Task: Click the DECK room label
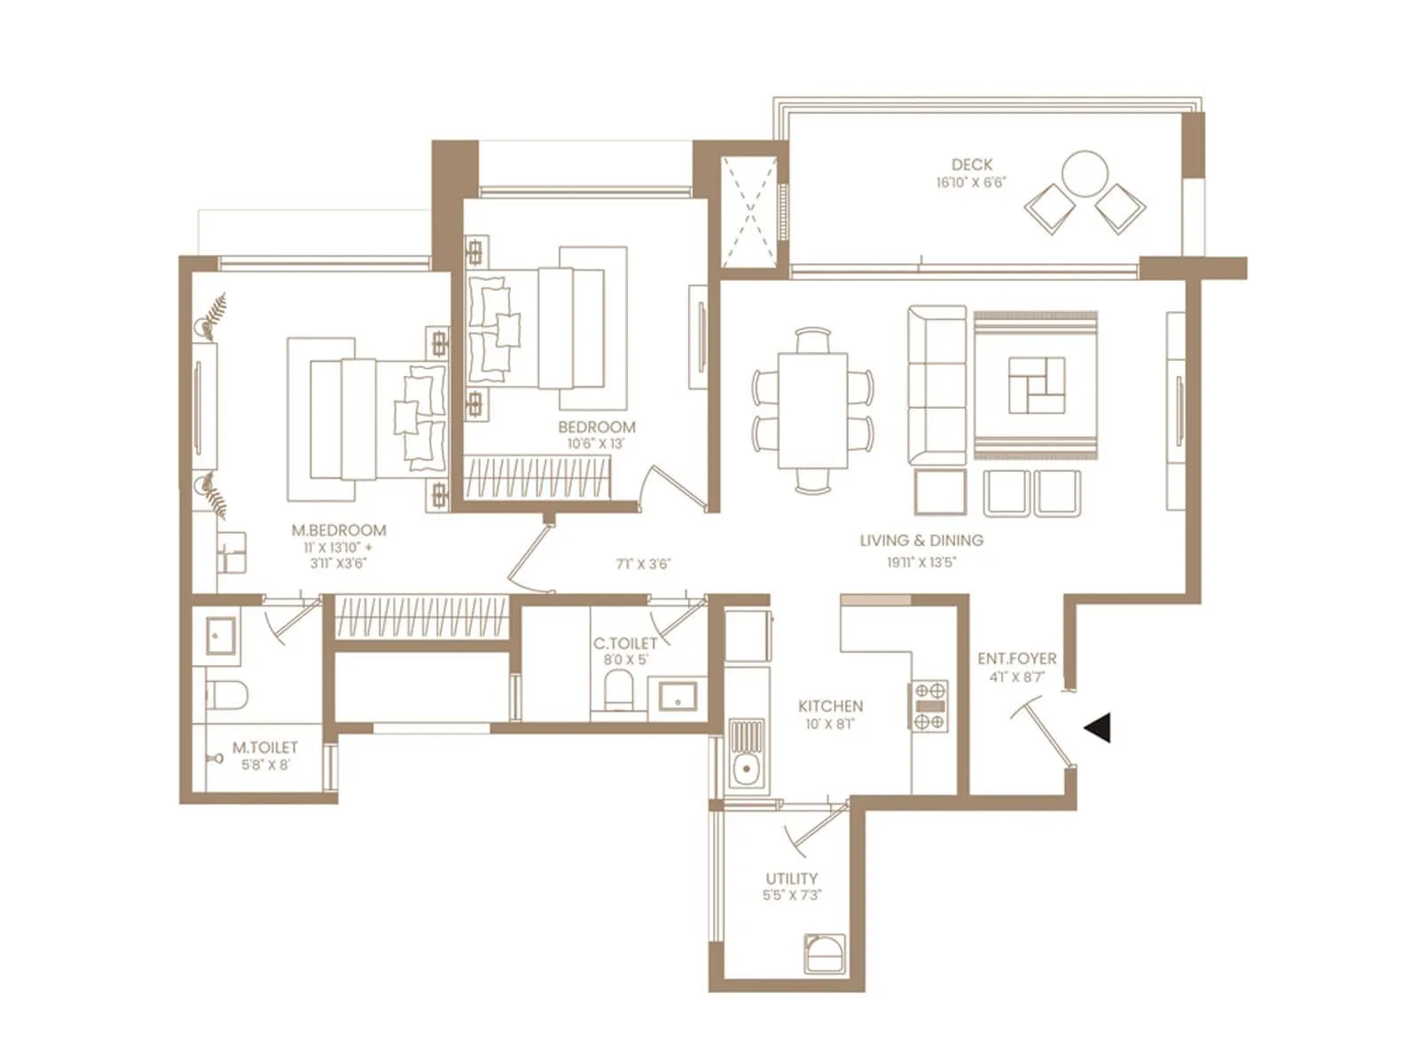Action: point(972,165)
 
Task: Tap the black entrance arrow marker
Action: point(1098,728)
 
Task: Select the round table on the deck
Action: point(1085,174)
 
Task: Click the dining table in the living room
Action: point(812,410)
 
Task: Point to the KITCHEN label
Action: point(830,706)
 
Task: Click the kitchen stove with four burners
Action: point(929,706)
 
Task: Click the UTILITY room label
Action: point(791,879)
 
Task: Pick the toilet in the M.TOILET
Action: point(227,694)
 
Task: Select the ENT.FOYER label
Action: point(1016,659)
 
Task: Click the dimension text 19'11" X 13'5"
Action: point(921,562)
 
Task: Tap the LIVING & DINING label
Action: point(921,540)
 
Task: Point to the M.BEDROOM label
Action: point(339,530)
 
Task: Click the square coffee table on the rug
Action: point(1036,386)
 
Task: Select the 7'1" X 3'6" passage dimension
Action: point(643,564)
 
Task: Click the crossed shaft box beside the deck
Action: point(749,212)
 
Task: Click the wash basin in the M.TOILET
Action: point(220,636)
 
